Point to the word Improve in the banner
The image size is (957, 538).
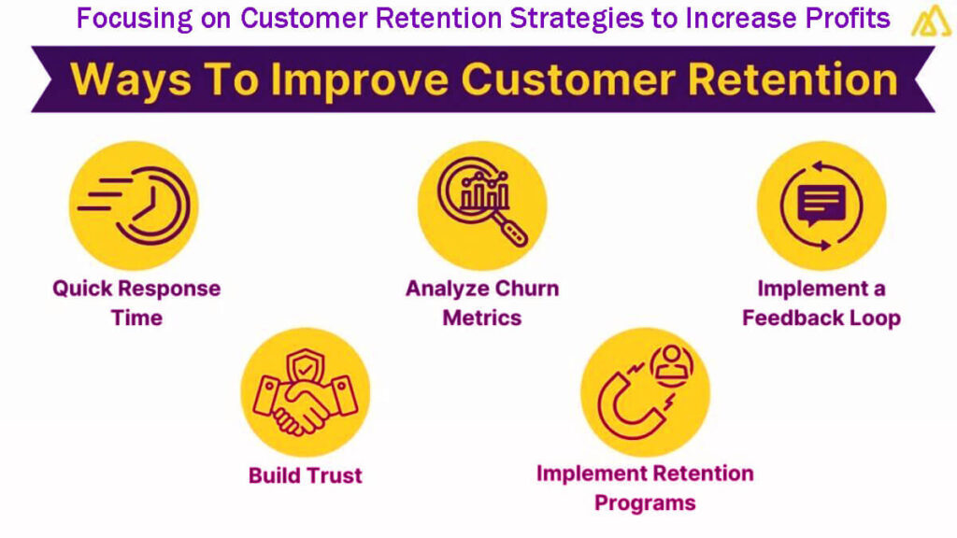[x=341, y=80]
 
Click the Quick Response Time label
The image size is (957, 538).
[x=136, y=303]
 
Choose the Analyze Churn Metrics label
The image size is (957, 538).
[x=481, y=303]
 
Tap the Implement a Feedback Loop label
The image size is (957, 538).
[x=821, y=303]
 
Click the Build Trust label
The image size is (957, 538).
[x=305, y=475]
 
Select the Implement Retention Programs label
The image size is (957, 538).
[x=645, y=488]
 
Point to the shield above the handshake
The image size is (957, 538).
[x=306, y=367]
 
